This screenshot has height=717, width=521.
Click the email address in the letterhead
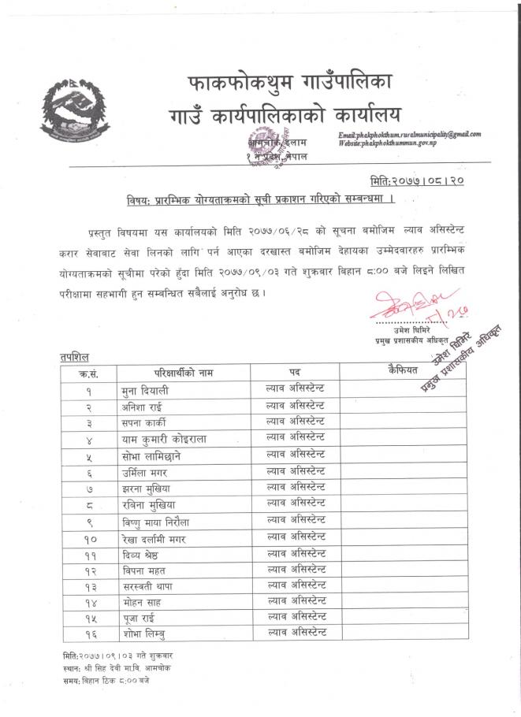(409, 135)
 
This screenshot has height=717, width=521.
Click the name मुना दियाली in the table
(147, 389)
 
